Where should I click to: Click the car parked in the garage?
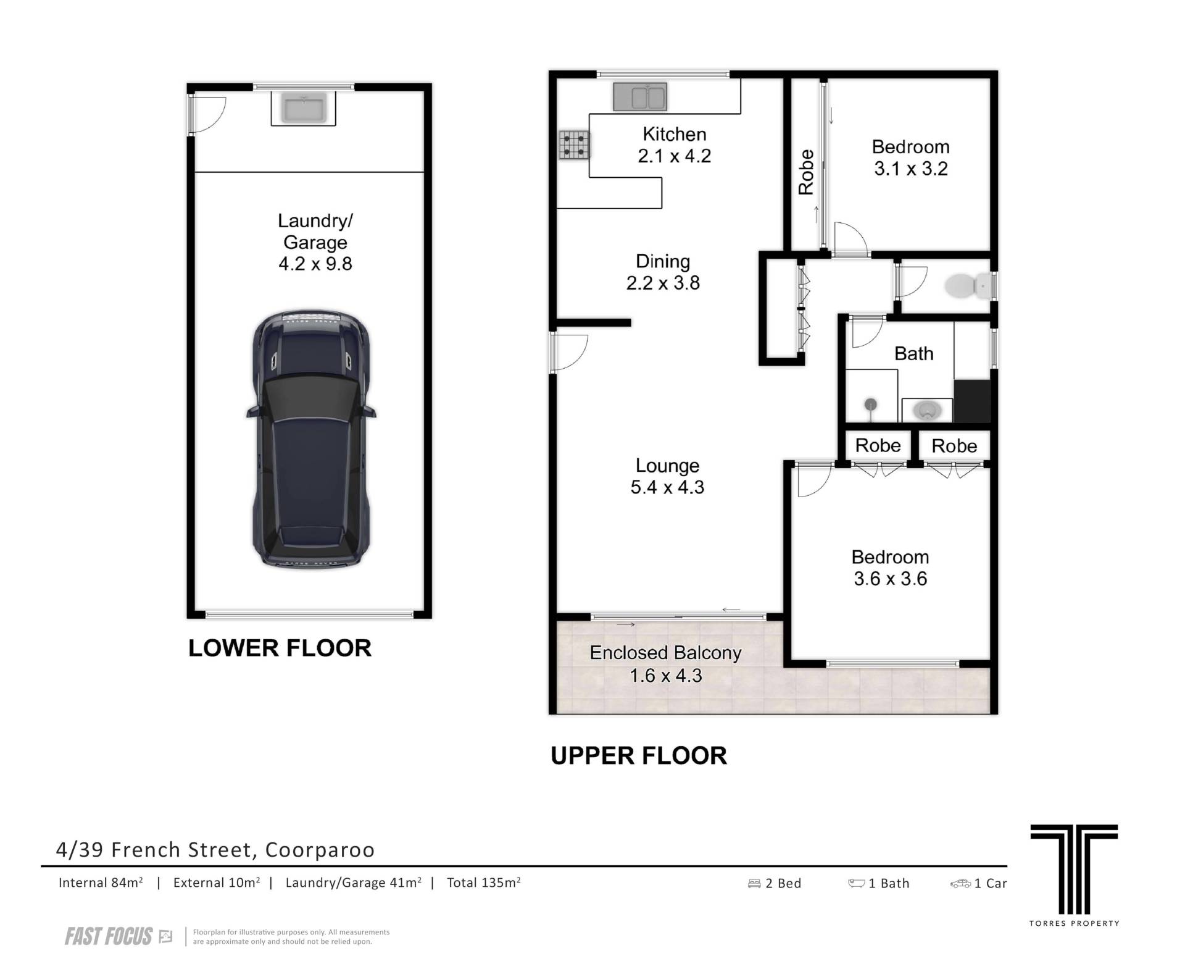(311, 439)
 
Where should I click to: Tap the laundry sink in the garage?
(303, 108)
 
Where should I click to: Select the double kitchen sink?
(639, 97)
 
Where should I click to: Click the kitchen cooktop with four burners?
(574, 145)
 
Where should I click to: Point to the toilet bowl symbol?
(965, 286)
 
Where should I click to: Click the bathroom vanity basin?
(926, 409)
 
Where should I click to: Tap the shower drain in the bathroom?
(870, 405)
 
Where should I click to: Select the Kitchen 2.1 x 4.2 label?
(674, 145)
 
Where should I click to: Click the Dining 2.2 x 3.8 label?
(663, 272)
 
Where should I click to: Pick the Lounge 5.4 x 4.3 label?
(667, 476)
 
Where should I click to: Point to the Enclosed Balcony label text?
(665, 653)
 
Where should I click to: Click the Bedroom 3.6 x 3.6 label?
(890, 568)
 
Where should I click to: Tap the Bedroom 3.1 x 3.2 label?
(910, 157)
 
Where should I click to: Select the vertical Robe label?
(806, 172)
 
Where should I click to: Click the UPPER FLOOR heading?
(639, 756)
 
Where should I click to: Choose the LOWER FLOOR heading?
(280, 648)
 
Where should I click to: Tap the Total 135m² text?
(483, 883)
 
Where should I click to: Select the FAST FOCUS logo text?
(109, 936)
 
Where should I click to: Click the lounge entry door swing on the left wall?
(569, 352)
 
